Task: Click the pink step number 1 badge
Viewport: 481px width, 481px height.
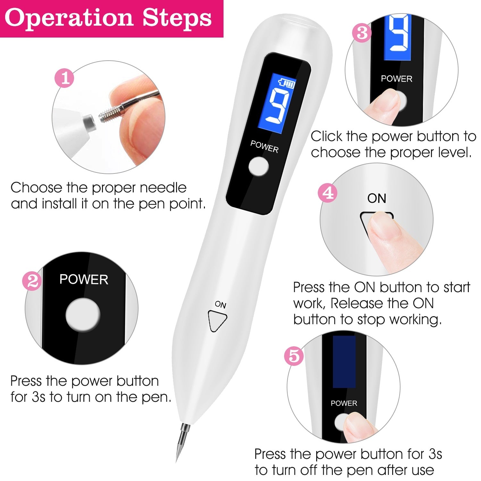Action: [65, 78]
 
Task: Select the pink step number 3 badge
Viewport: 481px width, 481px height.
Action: [362, 33]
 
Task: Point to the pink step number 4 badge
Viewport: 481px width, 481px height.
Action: [327, 194]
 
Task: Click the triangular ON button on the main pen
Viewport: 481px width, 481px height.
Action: [217, 320]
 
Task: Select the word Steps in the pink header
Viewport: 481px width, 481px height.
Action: [177, 18]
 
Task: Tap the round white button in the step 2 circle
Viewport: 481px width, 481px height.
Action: [83, 315]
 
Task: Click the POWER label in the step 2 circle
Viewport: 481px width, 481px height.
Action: [84, 280]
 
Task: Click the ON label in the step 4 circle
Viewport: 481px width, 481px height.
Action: [376, 198]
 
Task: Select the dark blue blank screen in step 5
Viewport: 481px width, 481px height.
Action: [344, 362]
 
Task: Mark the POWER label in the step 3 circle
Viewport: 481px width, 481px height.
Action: [396, 79]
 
